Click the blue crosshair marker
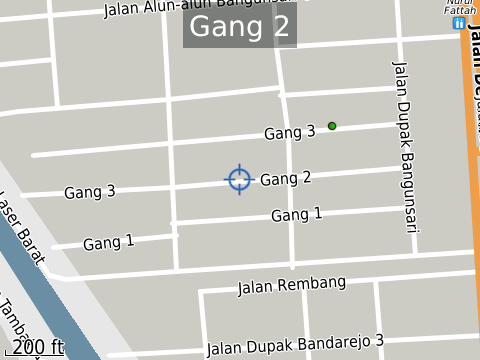click(x=239, y=179)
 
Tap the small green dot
click(x=332, y=126)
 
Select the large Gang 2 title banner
click(x=240, y=27)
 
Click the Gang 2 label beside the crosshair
click(x=286, y=178)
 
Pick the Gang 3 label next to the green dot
click(x=289, y=131)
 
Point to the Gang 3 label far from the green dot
click(x=90, y=191)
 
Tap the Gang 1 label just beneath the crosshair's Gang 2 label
click(x=297, y=214)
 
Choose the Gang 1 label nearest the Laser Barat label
click(x=108, y=242)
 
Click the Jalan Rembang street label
click(x=291, y=286)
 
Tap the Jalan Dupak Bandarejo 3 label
click(x=295, y=345)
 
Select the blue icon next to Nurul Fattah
click(x=459, y=22)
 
